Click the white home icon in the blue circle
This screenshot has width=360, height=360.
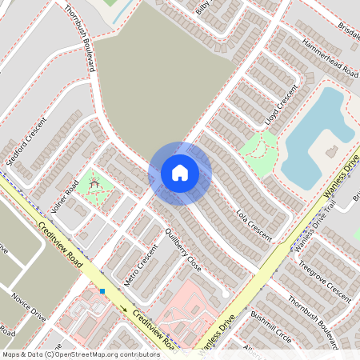tap(180, 173)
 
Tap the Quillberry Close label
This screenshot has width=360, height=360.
tap(182, 250)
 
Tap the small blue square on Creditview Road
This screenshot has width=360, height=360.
tap(102, 291)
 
